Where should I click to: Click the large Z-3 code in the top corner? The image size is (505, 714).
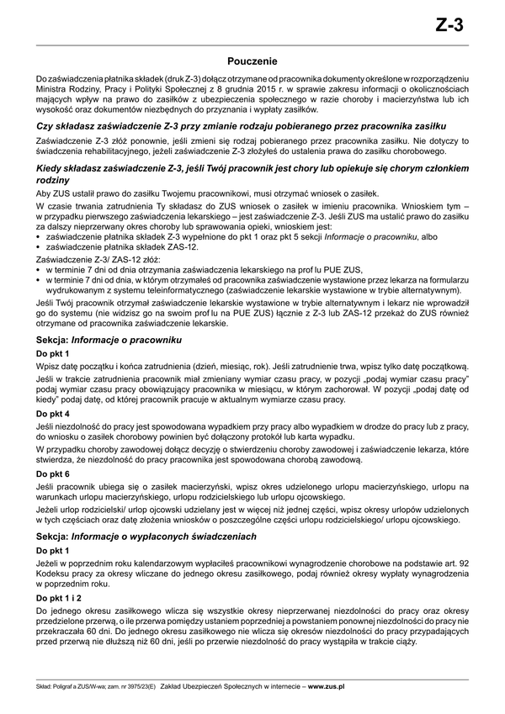(x=449, y=25)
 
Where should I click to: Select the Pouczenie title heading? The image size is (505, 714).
(x=252, y=61)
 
